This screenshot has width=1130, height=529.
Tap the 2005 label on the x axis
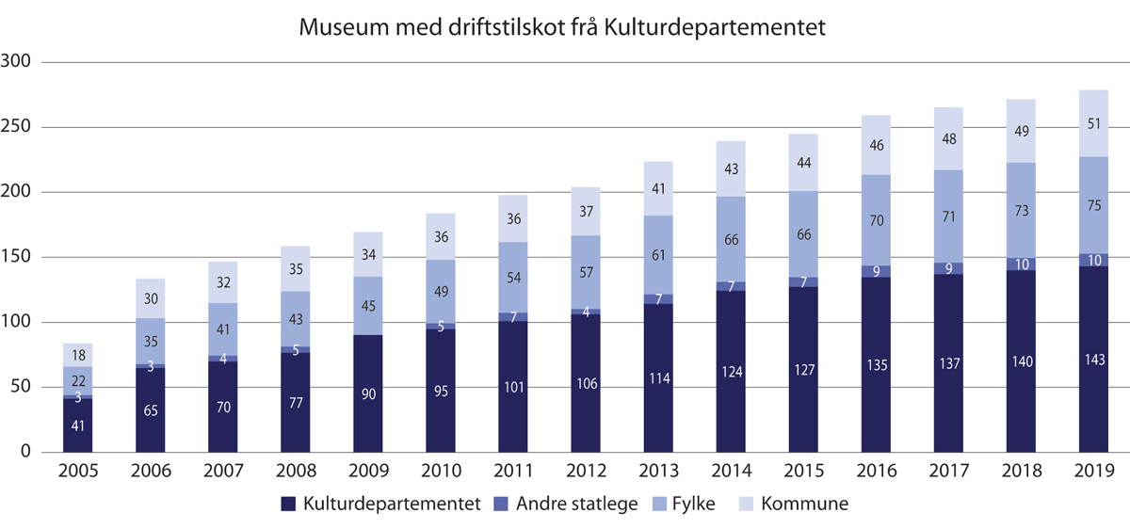(x=77, y=471)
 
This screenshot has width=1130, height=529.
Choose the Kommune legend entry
(x=802, y=504)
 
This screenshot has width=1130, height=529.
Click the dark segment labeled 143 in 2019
(x=1092, y=360)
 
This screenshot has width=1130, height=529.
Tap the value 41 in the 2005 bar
(x=77, y=425)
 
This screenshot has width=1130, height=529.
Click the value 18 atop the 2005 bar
(x=77, y=356)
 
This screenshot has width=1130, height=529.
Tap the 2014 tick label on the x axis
(x=730, y=471)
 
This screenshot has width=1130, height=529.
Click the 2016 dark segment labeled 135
(x=875, y=364)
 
